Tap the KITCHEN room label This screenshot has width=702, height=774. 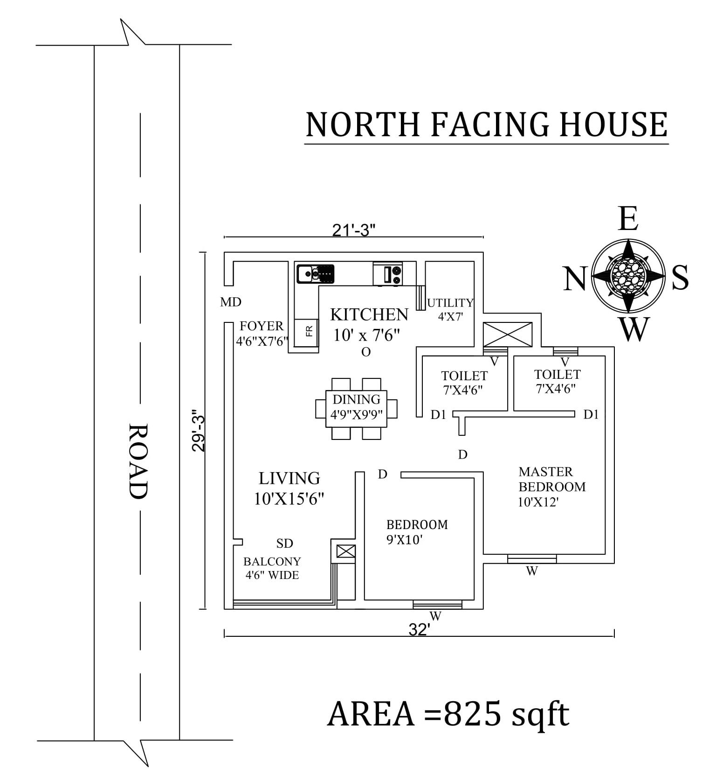[369, 315]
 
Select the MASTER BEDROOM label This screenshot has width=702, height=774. [552, 479]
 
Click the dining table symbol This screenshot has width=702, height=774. [356, 409]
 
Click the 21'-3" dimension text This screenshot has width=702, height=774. [354, 230]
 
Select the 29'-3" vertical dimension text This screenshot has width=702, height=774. [198, 431]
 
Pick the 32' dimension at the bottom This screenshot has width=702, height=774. [419, 630]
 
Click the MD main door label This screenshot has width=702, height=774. [231, 302]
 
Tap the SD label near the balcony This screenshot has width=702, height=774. [284, 543]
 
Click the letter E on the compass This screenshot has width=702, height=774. [628, 219]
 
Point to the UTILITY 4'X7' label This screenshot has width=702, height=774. [450, 309]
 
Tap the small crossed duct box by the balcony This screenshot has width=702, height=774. [345, 551]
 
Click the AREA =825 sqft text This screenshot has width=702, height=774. [448, 714]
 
